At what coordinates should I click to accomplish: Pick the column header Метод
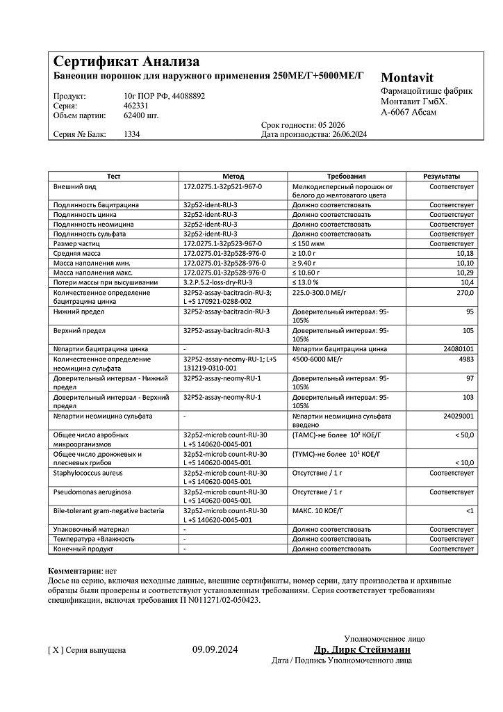[x=233, y=177]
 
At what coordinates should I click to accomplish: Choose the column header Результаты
[x=442, y=177]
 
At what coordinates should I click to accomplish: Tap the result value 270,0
[x=464, y=293]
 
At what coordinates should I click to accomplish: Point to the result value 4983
[x=465, y=359]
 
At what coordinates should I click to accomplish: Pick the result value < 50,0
[x=461, y=435]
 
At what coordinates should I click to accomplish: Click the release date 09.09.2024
[x=215, y=650]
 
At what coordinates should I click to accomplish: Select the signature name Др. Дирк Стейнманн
[x=362, y=649]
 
